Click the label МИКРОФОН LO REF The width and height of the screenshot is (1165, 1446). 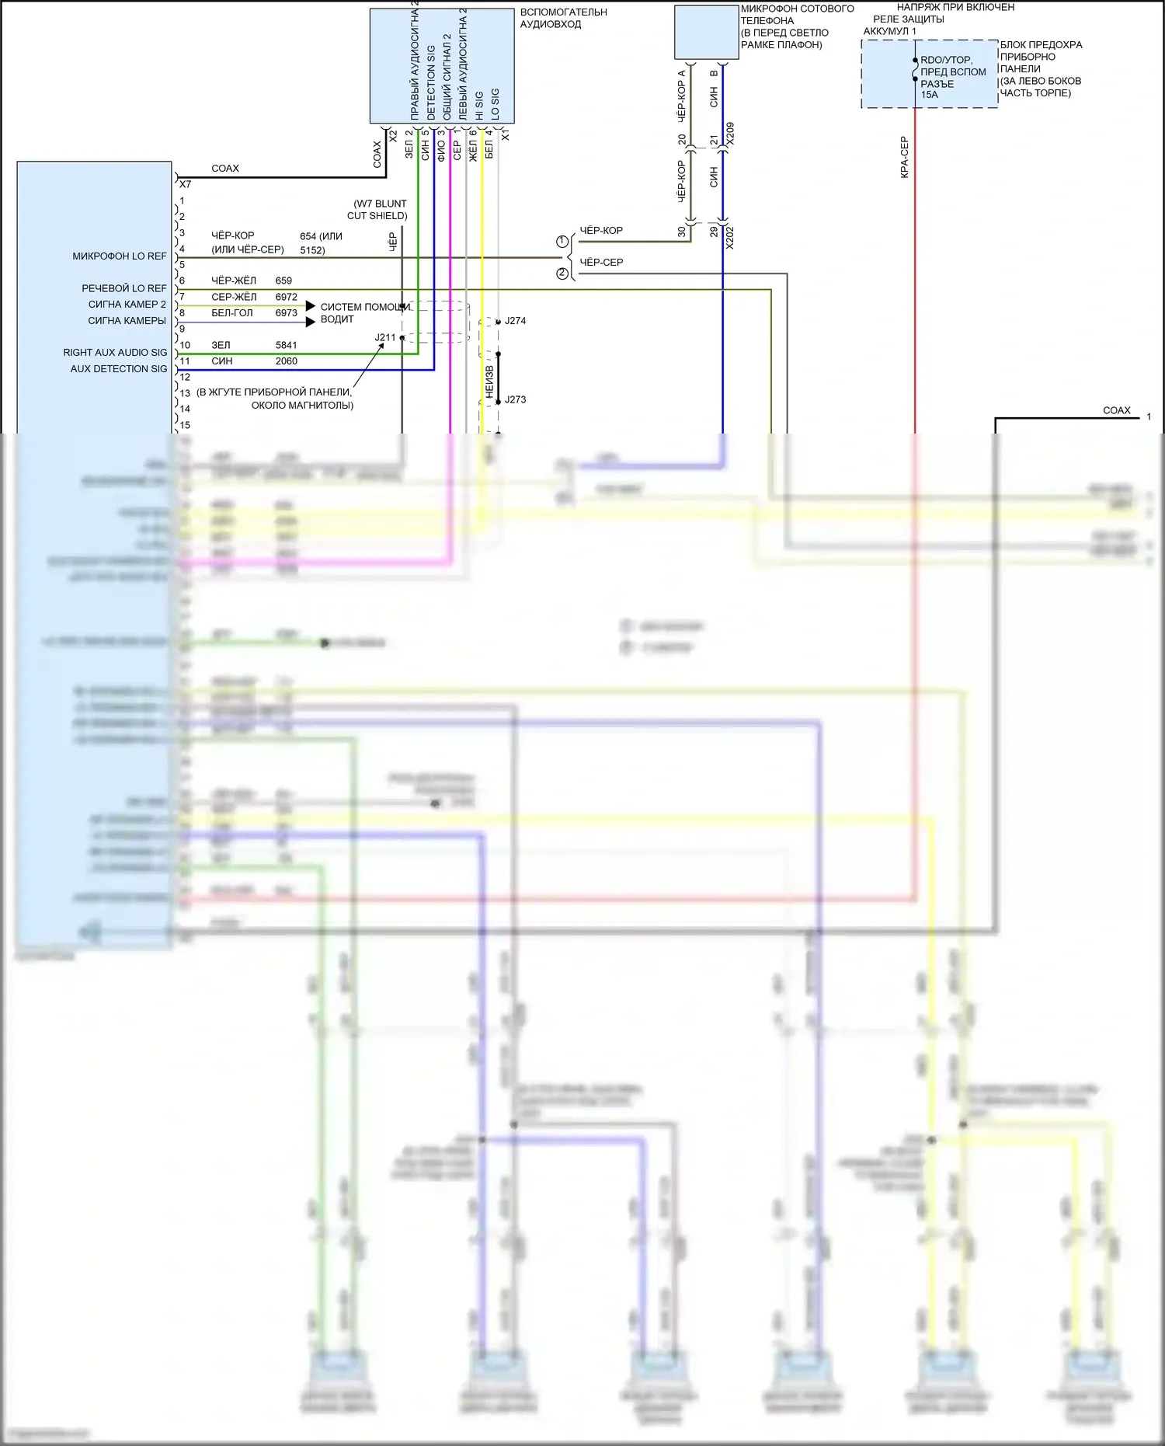119,256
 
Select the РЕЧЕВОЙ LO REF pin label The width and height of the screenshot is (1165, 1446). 123,288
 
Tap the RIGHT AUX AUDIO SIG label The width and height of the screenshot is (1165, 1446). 115,353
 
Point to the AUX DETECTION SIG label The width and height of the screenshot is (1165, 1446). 118,369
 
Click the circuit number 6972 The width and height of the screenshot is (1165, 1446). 286,297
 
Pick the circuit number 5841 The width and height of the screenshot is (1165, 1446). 286,345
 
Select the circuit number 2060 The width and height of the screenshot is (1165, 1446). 286,361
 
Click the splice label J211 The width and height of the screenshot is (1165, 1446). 385,337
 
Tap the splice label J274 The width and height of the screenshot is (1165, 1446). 515,320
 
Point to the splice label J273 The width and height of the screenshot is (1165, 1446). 515,399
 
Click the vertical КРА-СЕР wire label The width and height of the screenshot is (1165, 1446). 904,158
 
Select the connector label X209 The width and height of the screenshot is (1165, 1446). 729,134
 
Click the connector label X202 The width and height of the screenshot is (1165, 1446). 729,238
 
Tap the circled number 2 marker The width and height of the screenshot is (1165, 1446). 562,274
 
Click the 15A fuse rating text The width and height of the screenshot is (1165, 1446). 929,95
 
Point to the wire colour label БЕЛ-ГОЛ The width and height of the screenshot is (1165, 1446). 231,313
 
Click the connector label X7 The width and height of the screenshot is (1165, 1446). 185,185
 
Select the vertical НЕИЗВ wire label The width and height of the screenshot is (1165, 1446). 489,382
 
